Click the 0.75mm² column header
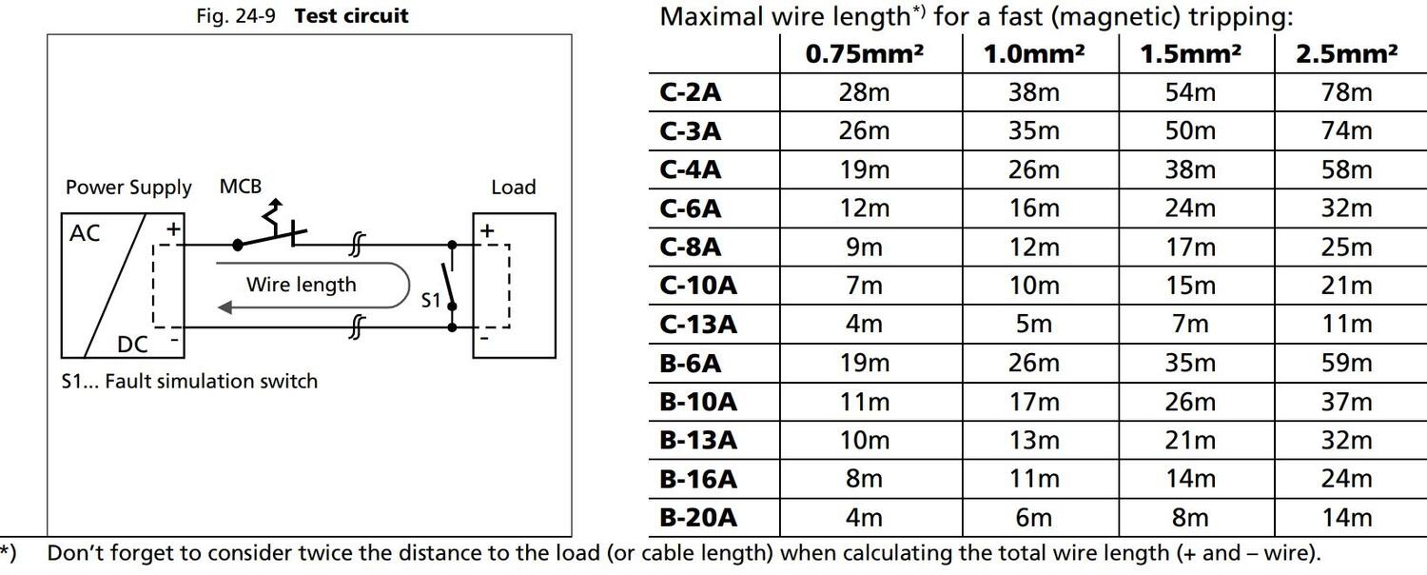pos(864,54)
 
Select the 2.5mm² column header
pos(1346,54)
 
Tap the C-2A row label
pos(691,92)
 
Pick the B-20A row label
pos(698,517)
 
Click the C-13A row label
pos(698,325)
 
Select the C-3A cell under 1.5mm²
pos(1190,130)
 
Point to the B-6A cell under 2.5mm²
pos(1346,363)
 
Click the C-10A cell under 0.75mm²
pos(864,286)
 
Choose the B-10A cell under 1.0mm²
pos(1034,402)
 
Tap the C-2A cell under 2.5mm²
pos(1346,92)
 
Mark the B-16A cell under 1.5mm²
pos(1190,478)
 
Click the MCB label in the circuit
pos(240,187)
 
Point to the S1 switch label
pos(432,301)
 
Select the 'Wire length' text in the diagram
pos(301,285)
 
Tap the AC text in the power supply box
pos(85,233)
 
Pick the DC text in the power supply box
pos(132,344)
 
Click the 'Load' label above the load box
pos(513,188)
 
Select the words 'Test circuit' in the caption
pos(351,16)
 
